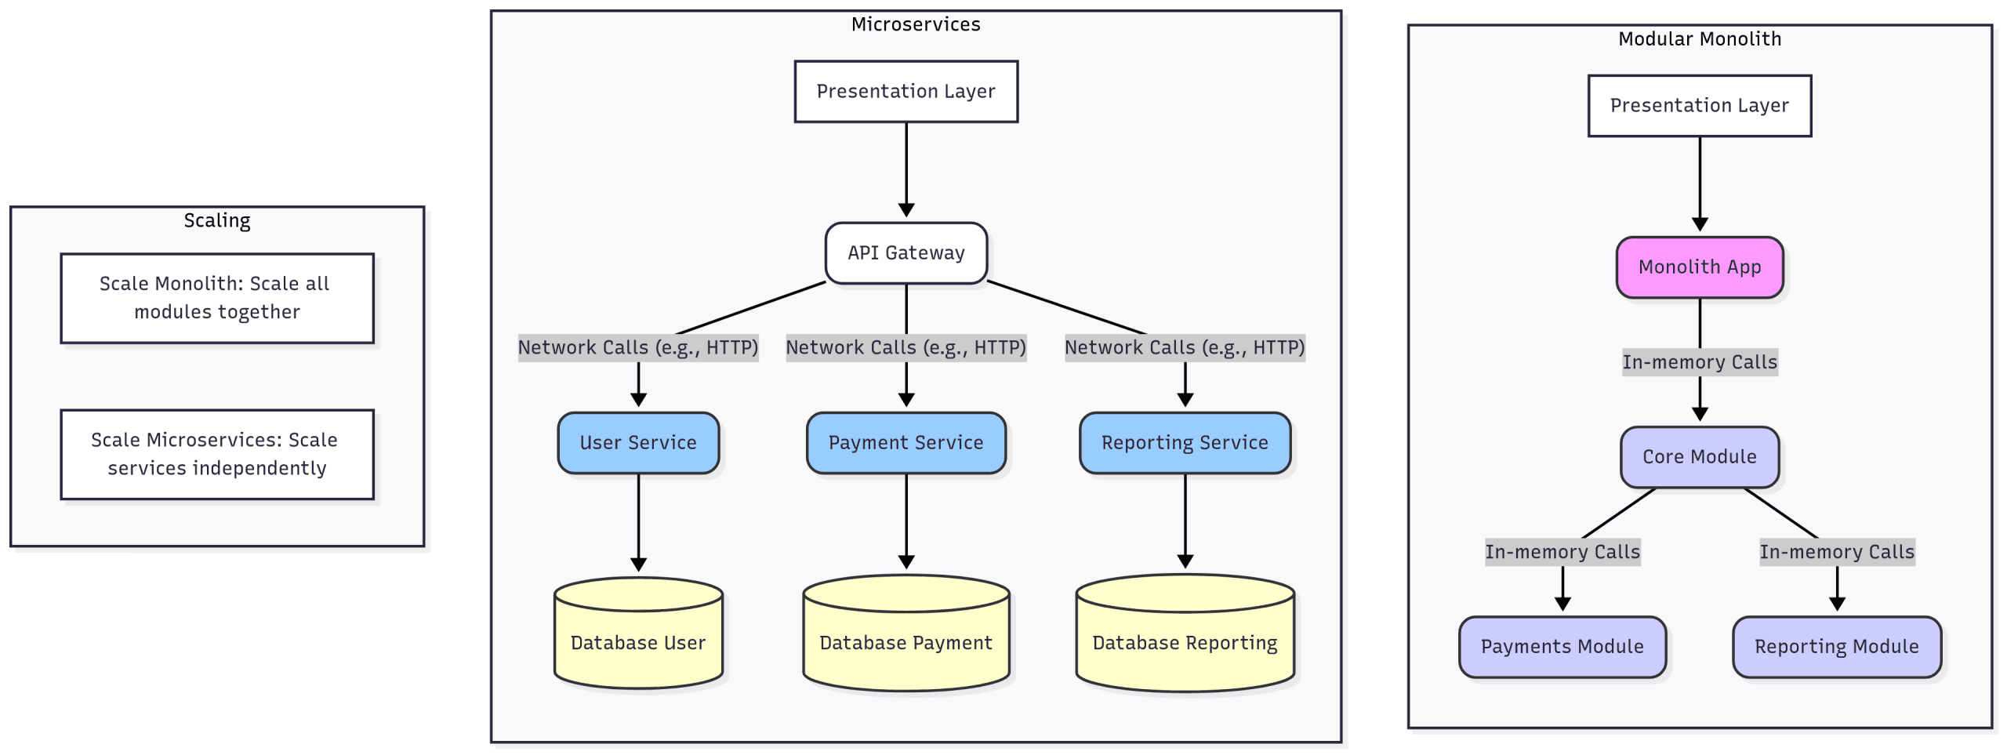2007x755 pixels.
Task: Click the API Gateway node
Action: click(x=906, y=252)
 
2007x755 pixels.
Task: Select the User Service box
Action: click(x=637, y=442)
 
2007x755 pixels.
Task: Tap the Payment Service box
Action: click(x=906, y=442)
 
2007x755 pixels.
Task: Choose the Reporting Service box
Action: click(x=1184, y=442)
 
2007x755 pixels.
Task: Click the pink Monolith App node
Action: click(x=1699, y=267)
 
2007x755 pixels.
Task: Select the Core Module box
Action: click(x=1699, y=456)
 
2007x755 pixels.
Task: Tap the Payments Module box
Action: click(x=1562, y=646)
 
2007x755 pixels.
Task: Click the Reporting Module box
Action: click(x=1836, y=646)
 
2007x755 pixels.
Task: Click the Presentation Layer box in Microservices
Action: click(x=906, y=91)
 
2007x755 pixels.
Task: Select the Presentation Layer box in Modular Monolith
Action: click(x=1699, y=105)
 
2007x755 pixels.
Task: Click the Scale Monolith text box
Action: click(x=216, y=297)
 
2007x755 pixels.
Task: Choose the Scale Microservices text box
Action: click(x=216, y=453)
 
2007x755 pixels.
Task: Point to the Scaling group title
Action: click(x=216, y=220)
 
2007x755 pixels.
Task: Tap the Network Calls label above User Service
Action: click(x=637, y=347)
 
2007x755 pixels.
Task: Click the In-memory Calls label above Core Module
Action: click(x=1699, y=361)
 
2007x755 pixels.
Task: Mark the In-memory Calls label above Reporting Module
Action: click(x=1836, y=551)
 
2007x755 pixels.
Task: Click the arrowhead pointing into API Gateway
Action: click(x=906, y=210)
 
